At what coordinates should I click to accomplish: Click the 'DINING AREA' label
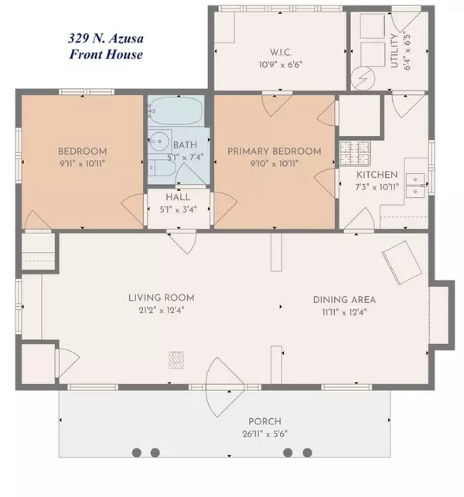tap(344, 299)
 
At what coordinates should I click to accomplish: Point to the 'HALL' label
tap(179, 197)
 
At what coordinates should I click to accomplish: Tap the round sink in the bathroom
tap(159, 141)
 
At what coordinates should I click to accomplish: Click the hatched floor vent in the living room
tap(177, 359)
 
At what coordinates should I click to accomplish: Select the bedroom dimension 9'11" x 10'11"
tap(81, 163)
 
